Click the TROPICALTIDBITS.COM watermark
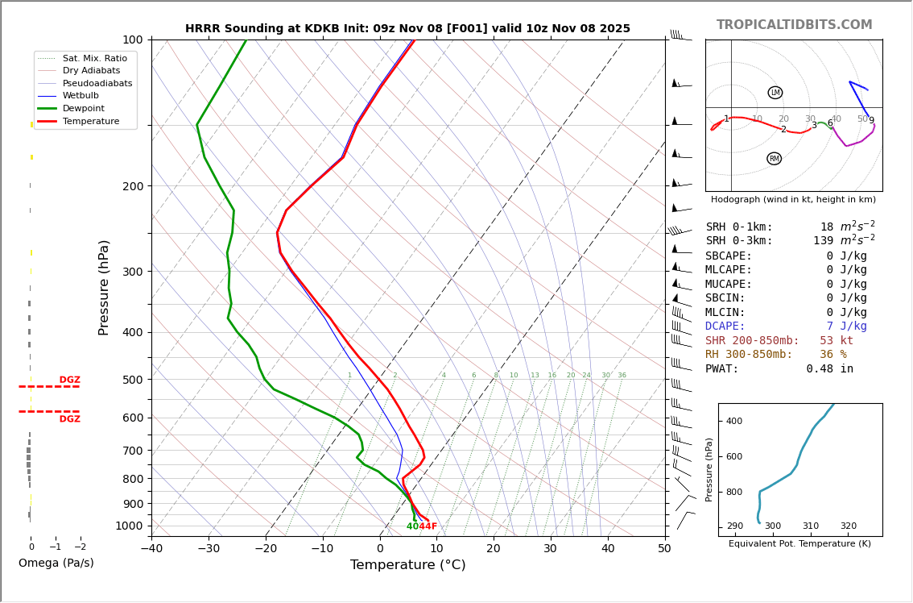(794, 25)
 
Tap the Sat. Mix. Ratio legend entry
(94, 58)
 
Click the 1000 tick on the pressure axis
(129, 526)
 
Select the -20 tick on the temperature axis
(266, 549)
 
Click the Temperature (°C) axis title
(407, 565)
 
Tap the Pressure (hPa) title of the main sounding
(105, 287)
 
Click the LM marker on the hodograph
(775, 93)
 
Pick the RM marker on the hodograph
(775, 159)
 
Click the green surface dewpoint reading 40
(412, 526)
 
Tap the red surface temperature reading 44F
(428, 526)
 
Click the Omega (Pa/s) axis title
(56, 563)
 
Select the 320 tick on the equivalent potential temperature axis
(849, 526)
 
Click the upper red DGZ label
(69, 381)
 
